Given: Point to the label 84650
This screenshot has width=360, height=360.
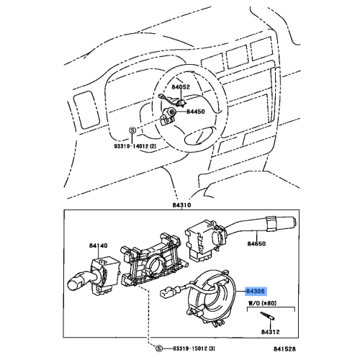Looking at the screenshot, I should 258,245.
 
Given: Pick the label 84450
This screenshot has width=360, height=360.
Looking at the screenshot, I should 197,112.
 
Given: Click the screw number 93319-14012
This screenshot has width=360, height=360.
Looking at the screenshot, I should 135,145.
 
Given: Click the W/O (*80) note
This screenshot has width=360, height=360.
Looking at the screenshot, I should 264,305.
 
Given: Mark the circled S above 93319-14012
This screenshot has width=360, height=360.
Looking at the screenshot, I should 132,130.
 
